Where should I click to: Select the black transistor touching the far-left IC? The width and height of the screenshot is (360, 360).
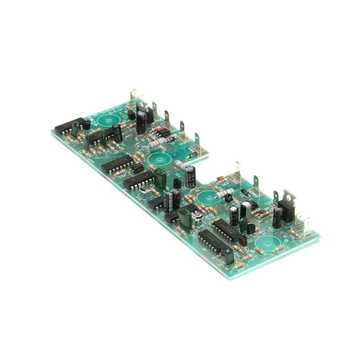(x=86, y=124)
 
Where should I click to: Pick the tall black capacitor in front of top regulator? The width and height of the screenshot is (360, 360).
(x=141, y=121)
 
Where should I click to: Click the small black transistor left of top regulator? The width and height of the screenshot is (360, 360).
(x=131, y=115)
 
